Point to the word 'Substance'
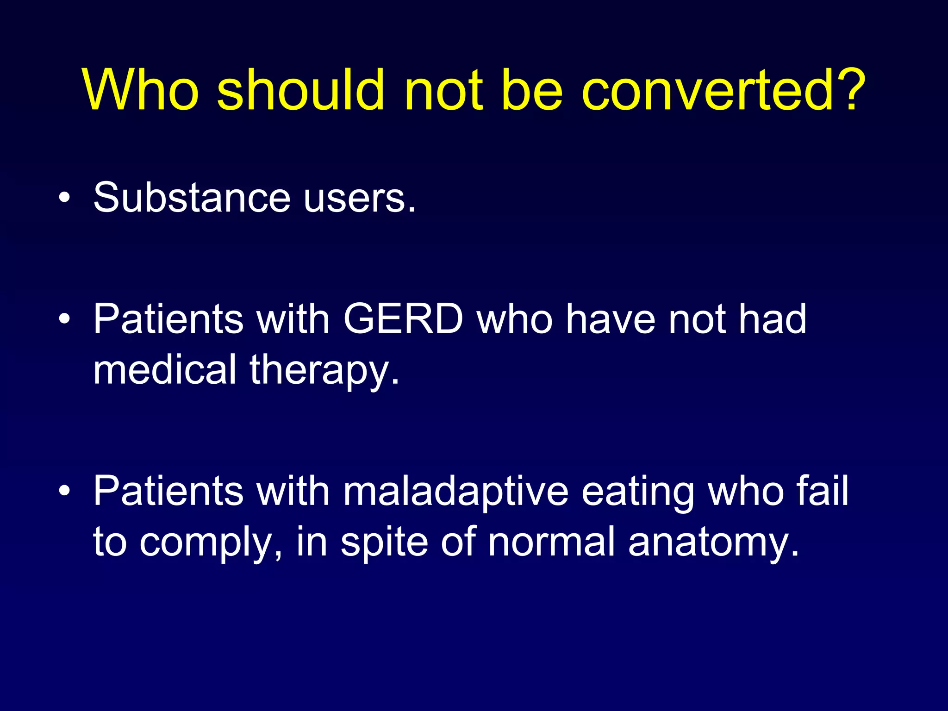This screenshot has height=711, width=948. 192,198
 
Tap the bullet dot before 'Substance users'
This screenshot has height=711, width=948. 65,198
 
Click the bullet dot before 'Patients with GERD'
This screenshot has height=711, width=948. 65,319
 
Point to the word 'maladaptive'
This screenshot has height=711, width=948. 455,492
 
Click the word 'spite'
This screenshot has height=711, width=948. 384,543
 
